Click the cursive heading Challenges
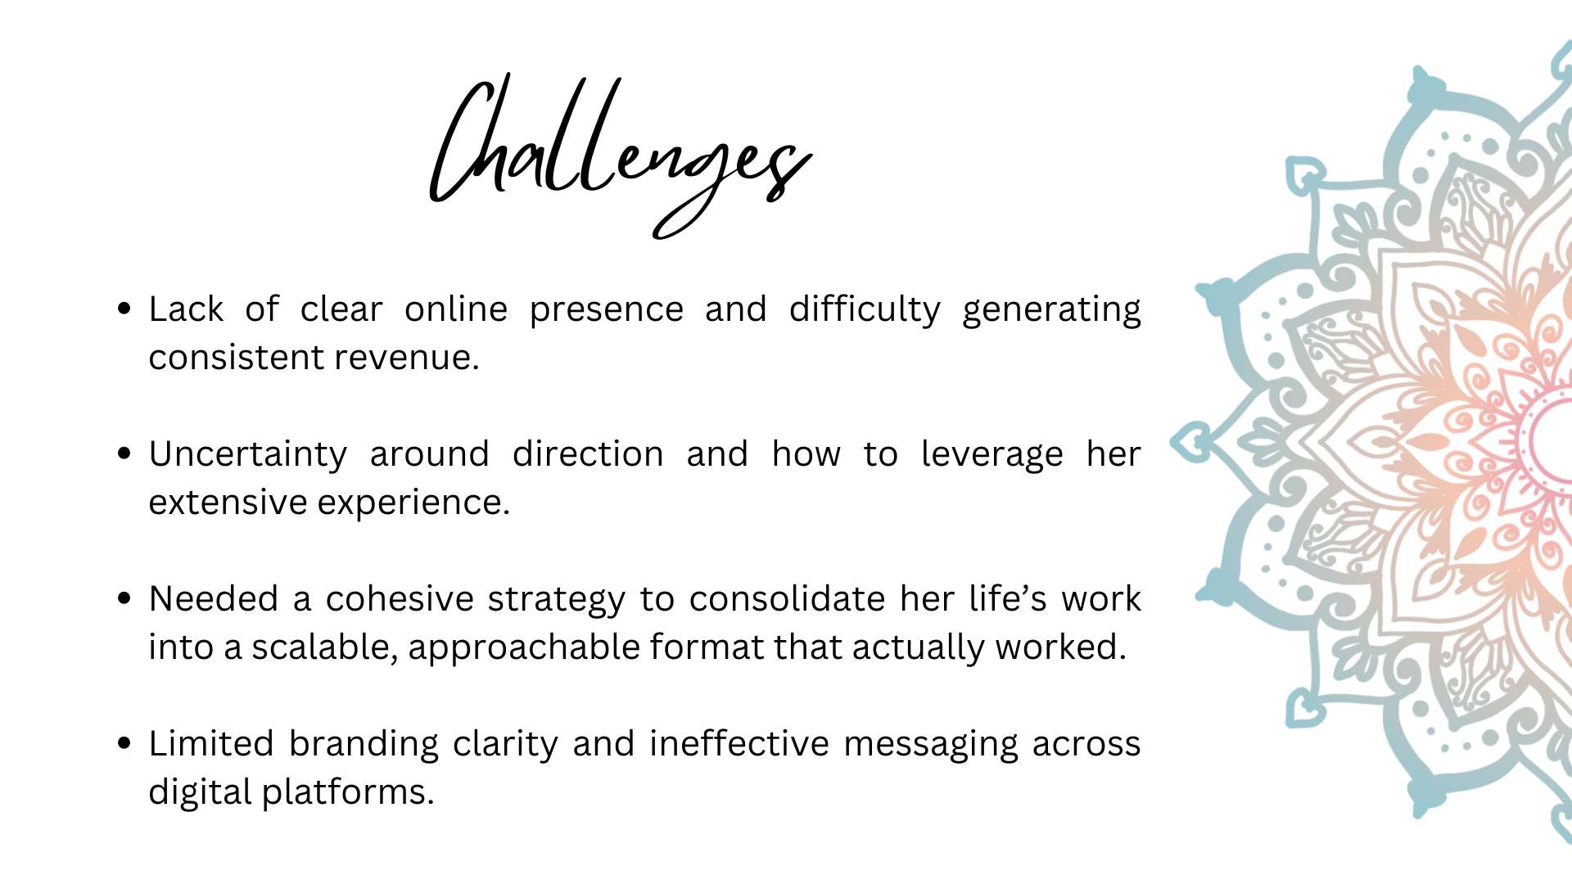click(x=620, y=156)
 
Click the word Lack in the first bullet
click(x=186, y=309)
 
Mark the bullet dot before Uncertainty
click(x=124, y=453)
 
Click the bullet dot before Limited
click(x=124, y=743)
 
